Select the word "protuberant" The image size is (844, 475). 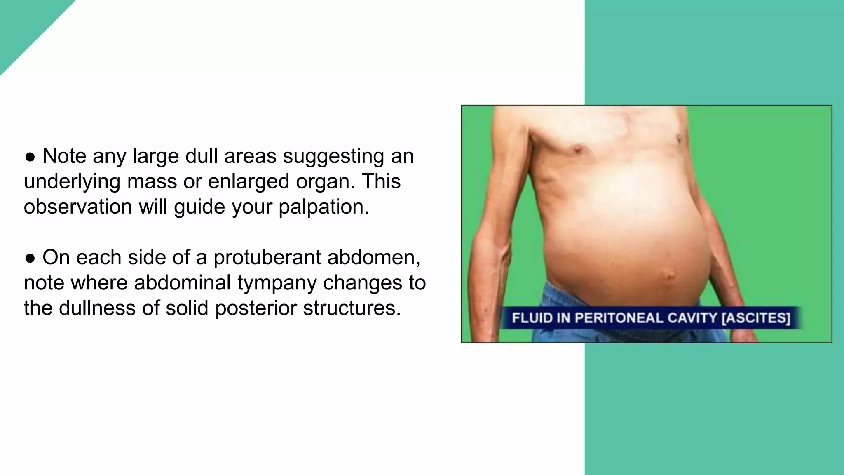[x=267, y=258]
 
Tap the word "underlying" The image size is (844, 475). [x=72, y=182]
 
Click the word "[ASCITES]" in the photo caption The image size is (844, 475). [x=756, y=318]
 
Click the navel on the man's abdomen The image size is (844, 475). [x=667, y=275]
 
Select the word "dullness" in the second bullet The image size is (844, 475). [x=97, y=308]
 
